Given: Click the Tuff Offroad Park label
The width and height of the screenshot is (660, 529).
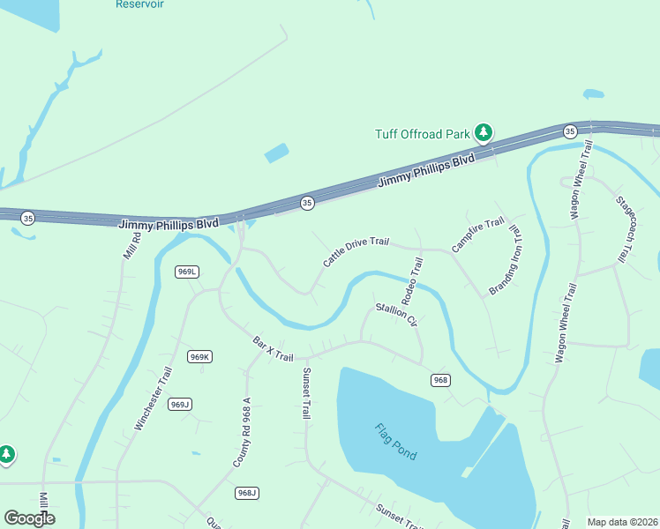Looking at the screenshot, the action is click(423, 134).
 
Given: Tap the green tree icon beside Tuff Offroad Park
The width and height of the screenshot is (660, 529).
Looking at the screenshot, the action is click(483, 132).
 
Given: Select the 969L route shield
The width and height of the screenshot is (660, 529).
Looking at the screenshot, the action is click(186, 272).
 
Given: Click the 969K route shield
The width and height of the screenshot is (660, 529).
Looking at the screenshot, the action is click(199, 356).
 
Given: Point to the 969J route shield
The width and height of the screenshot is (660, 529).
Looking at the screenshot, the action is click(180, 404).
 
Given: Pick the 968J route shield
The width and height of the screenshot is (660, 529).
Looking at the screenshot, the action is click(247, 492).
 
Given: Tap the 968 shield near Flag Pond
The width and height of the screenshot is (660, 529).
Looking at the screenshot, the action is click(441, 380).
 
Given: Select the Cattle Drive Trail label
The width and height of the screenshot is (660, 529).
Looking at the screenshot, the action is click(356, 251).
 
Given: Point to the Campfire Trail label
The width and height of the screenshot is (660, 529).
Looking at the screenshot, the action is click(477, 235).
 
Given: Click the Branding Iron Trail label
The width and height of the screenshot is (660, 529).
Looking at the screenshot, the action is click(506, 262).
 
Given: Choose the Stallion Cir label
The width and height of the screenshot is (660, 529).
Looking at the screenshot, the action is click(396, 314).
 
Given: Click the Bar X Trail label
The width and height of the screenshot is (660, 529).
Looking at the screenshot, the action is click(273, 347).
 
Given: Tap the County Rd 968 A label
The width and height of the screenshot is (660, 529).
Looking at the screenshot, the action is click(243, 432).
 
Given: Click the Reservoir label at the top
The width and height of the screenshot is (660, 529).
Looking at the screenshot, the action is click(139, 4).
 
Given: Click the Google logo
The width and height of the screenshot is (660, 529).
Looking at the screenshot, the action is click(29, 518).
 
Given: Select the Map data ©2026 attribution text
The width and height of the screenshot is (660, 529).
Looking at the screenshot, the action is click(622, 522).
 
